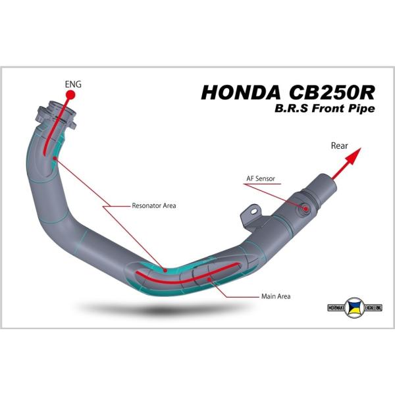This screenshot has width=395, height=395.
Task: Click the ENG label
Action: click(x=72, y=84)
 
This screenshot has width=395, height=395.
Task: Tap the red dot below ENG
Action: click(x=70, y=95)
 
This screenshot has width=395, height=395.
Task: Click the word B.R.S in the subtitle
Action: click(x=290, y=109)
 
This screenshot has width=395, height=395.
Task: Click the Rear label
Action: click(x=339, y=146)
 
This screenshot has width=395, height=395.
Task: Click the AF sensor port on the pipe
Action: click(x=306, y=208)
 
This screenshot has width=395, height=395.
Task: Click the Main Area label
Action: click(x=275, y=296)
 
